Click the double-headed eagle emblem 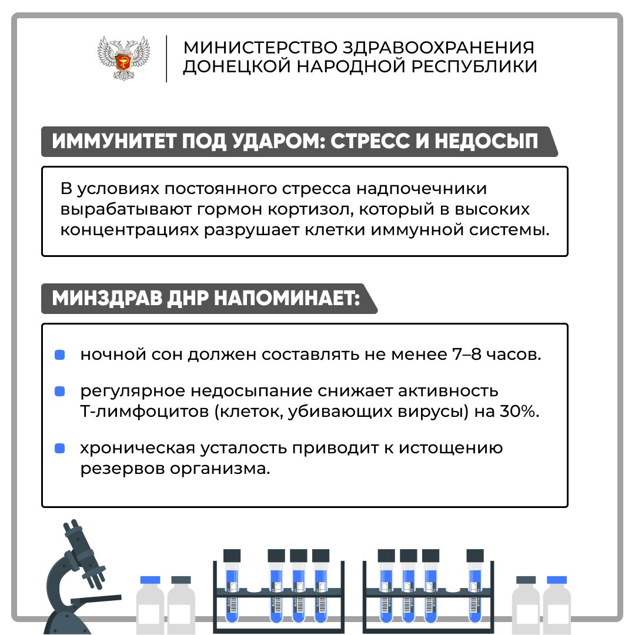[123, 58]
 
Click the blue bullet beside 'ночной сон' [59, 355]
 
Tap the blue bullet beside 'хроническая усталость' [59, 448]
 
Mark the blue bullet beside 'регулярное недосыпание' [59, 392]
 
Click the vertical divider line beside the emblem [166, 59]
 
